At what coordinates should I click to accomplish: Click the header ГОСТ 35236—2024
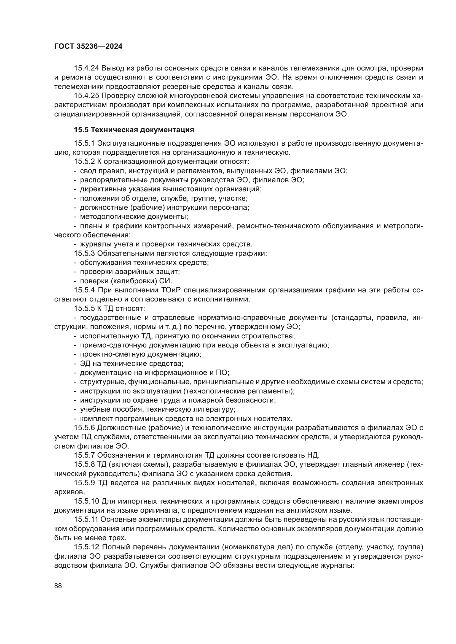(88, 47)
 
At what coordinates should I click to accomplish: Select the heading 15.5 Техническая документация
(134, 130)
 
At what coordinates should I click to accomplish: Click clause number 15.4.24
(87, 68)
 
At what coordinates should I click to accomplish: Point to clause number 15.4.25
(87, 96)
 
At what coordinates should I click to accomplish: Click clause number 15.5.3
(85, 254)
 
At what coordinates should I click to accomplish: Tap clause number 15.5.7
(85, 455)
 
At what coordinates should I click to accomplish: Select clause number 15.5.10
(87, 501)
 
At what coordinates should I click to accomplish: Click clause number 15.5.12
(87, 547)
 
